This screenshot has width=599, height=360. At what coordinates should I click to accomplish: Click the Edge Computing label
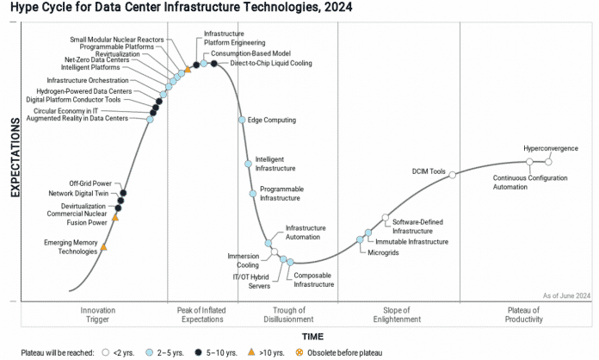click(x=272, y=120)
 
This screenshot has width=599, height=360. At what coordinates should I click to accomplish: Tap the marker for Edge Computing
click(x=242, y=120)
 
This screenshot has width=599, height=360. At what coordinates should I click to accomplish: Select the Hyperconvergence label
click(x=551, y=148)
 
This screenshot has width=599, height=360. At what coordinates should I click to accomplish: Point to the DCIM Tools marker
click(x=453, y=174)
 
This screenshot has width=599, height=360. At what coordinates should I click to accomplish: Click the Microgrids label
click(x=384, y=253)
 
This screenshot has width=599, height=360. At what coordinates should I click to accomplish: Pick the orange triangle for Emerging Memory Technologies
click(x=103, y=247)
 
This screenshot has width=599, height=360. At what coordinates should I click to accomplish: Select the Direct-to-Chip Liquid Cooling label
click(x=271, y=64)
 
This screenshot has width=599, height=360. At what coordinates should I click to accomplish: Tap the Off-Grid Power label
click(x=90, y=183)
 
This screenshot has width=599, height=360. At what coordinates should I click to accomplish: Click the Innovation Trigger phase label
click(x=97, y=314)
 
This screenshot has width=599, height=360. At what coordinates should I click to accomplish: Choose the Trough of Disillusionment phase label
click(x=287, y=314)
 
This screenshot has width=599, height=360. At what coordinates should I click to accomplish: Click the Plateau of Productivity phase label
click(x=523, y=314)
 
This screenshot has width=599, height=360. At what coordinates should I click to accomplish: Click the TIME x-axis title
click(x=312, y=336)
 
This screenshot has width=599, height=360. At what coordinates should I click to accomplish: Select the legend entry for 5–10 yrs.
click(x=224, y=352)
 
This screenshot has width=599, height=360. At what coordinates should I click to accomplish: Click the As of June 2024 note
click(x=565, y=295)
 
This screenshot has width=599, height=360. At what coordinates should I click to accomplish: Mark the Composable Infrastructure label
click(x=313, y=279)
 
